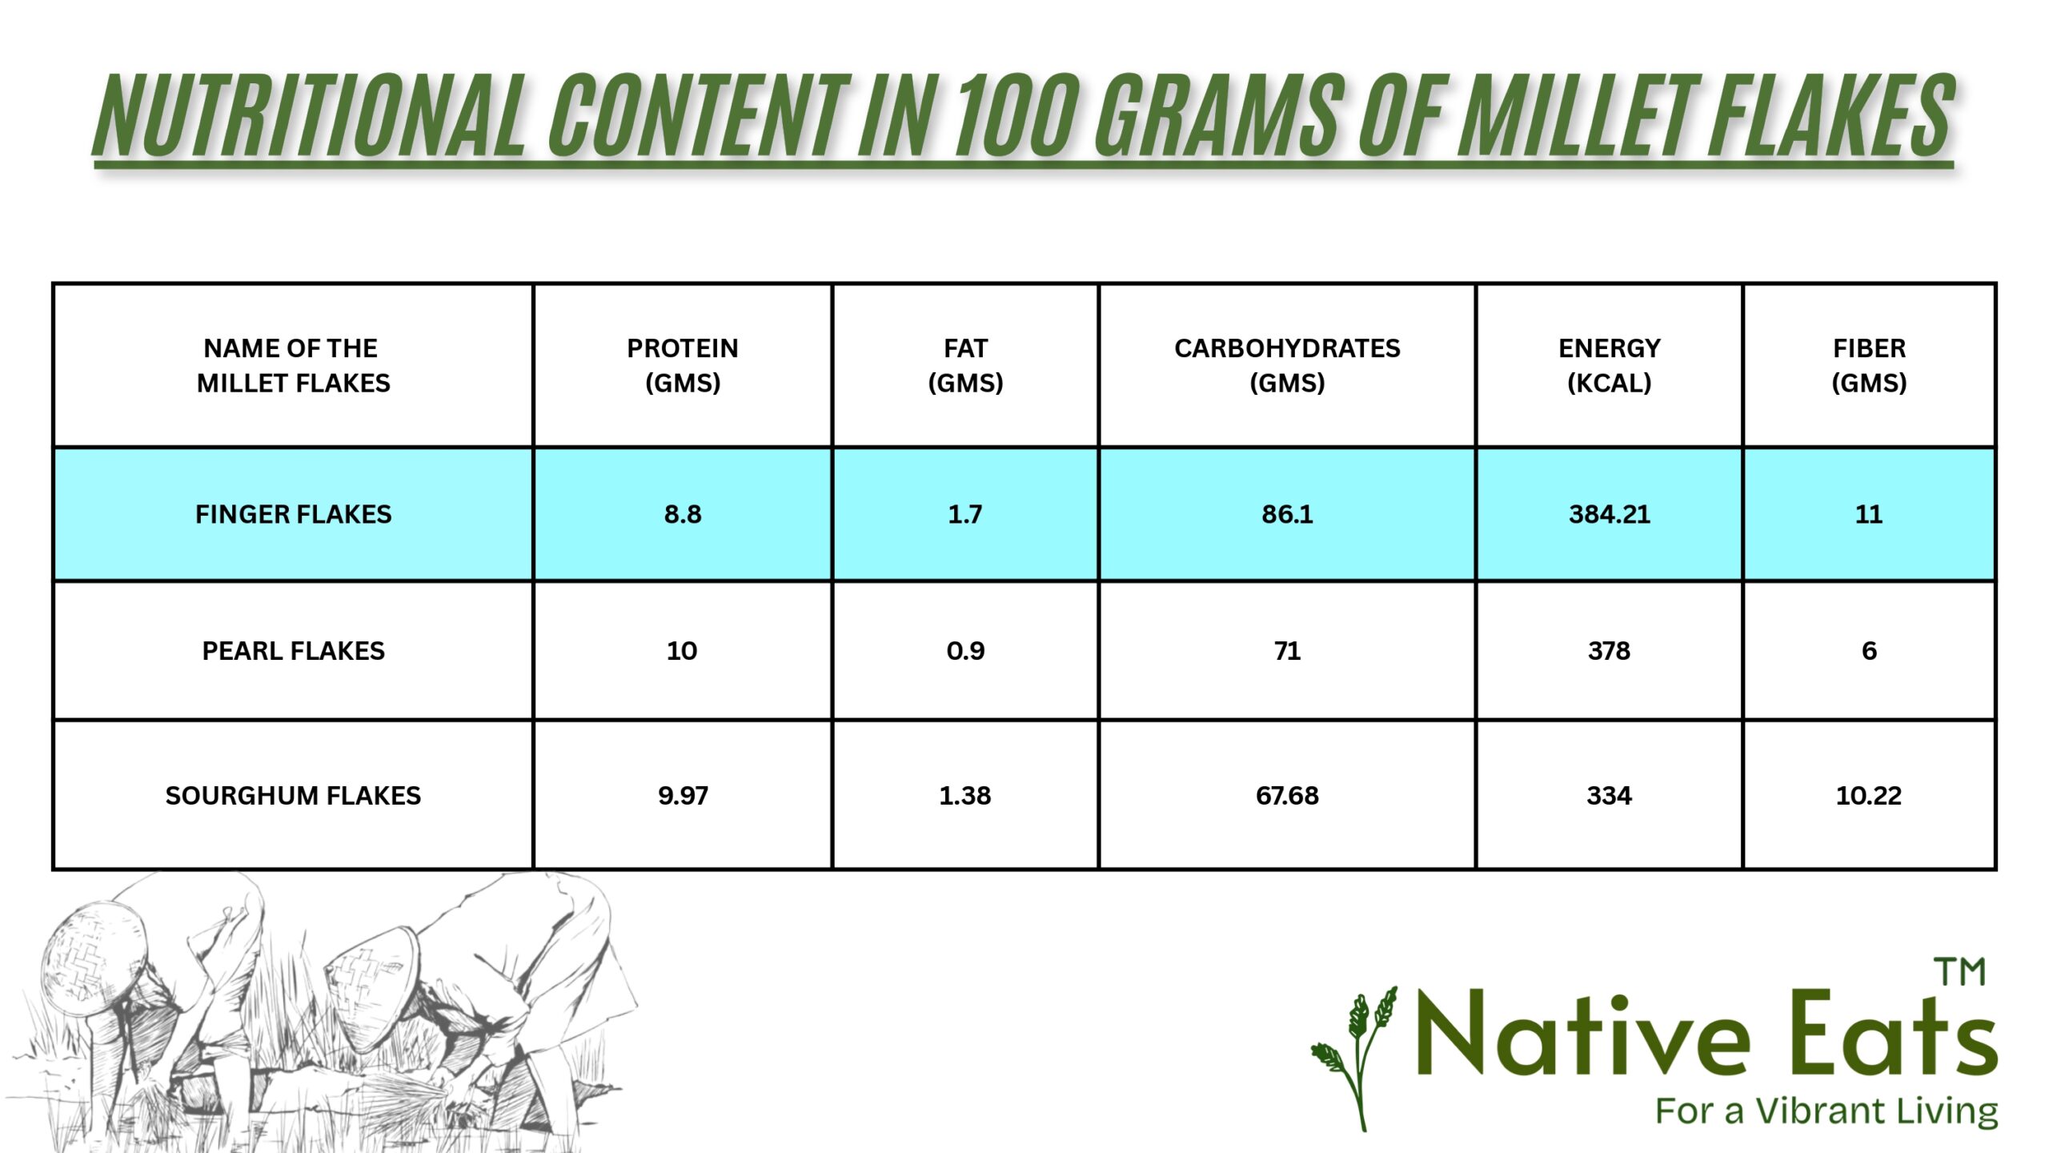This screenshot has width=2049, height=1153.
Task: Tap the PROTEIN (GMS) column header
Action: click(x=683, y=366)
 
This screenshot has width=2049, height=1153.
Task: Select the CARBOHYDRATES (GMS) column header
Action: click(x=1287, y=366)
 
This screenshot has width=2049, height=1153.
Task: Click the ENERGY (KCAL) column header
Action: click(x=1609, y=366)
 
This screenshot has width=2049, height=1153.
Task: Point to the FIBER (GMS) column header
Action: click(x=1869, y=366)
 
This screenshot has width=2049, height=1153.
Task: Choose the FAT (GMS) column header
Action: click(x=965, y=366)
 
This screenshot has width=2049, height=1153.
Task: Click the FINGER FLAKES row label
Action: click(x=294, y=514)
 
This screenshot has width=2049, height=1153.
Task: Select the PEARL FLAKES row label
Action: click(x=294, y=651)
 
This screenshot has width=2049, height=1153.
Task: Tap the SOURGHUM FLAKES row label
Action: click(x=294, y=796)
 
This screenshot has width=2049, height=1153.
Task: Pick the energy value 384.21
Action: click(x=1609, y=514)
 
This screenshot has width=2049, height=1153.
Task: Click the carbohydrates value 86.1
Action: click(x=1287, y=514)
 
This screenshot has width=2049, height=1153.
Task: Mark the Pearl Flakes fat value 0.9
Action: click(x=965, y=651)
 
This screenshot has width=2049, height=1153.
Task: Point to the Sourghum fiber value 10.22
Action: click(x=1869, y=796)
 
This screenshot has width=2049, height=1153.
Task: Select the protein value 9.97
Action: click(x=683, y=796)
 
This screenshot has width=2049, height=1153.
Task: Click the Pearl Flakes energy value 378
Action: click(x=1609, y=651)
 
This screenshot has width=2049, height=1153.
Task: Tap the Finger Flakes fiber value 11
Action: click(x=1869, y=514)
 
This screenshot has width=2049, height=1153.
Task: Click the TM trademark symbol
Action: click(x=1960, y=972)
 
